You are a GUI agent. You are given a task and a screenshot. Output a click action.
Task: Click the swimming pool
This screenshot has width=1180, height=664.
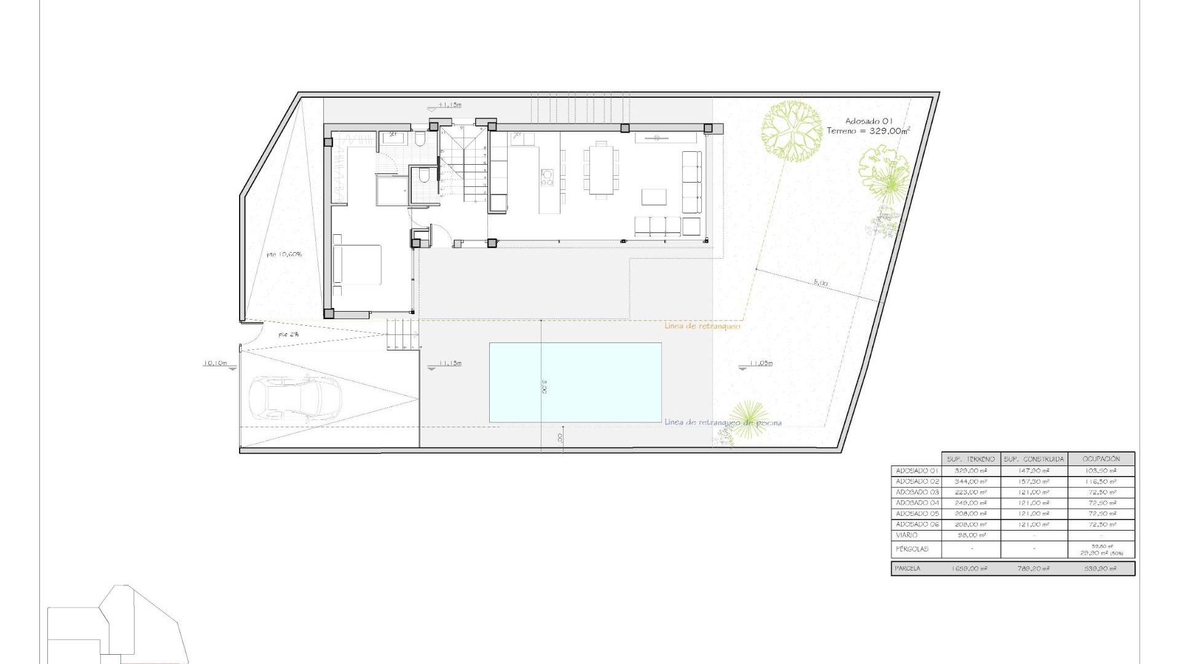[575, 382]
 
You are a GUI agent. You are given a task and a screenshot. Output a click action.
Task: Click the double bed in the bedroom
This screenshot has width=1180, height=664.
[357, 264]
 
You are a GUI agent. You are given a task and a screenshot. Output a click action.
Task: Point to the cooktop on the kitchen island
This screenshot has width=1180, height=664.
[546, 177]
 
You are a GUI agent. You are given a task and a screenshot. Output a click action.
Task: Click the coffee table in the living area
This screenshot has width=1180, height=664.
[654, 197]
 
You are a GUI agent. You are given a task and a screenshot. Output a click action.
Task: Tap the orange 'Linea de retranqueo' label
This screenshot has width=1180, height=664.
[702, 326]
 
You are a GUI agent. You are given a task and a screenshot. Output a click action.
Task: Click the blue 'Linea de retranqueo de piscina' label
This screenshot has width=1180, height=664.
[723, 422]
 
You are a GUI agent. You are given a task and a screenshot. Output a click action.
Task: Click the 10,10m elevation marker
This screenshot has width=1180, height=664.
[215, 363]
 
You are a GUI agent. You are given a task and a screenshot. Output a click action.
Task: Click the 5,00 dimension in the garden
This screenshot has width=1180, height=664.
[820, 283]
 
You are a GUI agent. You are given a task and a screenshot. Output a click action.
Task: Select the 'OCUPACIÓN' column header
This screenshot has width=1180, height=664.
[1101, 459]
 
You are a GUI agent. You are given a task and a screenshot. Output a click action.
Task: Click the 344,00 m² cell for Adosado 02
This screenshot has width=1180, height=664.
[970, 481]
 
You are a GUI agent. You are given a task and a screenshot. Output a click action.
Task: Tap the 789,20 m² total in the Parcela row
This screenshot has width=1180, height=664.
[1034, 569]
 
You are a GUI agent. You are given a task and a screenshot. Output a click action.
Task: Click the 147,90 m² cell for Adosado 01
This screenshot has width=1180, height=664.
[1034, 470]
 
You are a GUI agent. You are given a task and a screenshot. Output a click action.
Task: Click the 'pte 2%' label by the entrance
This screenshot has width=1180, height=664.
[289, 334]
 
